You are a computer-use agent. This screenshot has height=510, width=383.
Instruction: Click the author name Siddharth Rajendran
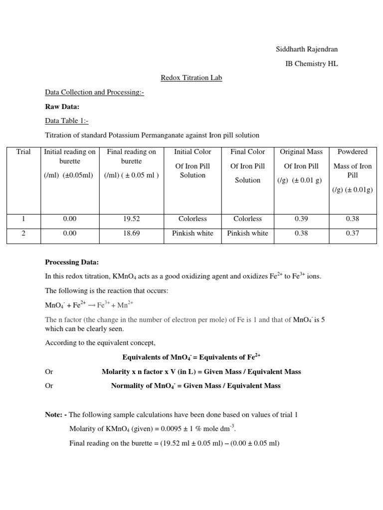tap(307, 49)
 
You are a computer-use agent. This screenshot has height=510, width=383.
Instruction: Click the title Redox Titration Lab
tap(191, 78)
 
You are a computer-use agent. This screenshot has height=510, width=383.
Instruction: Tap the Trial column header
tap(23, 152)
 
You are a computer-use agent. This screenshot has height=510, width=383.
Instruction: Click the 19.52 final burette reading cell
tap(131, 219)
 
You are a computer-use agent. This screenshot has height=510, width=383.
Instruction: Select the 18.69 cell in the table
tap(131, 233)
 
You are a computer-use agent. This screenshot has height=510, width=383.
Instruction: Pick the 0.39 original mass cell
tap(301, 219)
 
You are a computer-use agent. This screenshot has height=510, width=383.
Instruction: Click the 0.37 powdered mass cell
tap(352, 233)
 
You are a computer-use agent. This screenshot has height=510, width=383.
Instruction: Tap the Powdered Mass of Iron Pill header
tap(352, 166)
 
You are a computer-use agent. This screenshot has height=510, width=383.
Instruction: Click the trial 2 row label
tap(23, 233)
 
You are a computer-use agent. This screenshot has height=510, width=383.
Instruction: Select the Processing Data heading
tap(72, 262)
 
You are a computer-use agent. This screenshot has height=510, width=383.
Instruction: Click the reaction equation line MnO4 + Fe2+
tap(89, 304)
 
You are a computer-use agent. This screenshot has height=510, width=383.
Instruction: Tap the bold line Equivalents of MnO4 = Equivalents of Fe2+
tap(191, 357)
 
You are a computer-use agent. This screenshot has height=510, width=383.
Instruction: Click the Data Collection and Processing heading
tap(94, 92)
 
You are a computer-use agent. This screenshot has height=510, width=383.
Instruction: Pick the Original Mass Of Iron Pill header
tap(301, 166)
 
